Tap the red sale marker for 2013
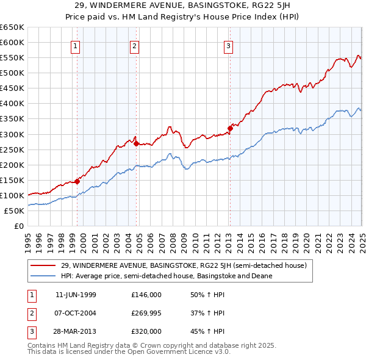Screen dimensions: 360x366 coord(230,128)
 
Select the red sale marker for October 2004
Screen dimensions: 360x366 coord(136,143)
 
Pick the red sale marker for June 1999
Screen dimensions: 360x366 coord(77,181)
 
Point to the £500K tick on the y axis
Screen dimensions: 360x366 coord(12,73)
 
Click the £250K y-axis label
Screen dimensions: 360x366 coord(12,149)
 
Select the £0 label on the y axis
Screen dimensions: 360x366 coord(18,226)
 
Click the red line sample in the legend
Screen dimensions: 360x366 coord(43,265)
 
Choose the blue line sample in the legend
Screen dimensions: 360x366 coord(43,275)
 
